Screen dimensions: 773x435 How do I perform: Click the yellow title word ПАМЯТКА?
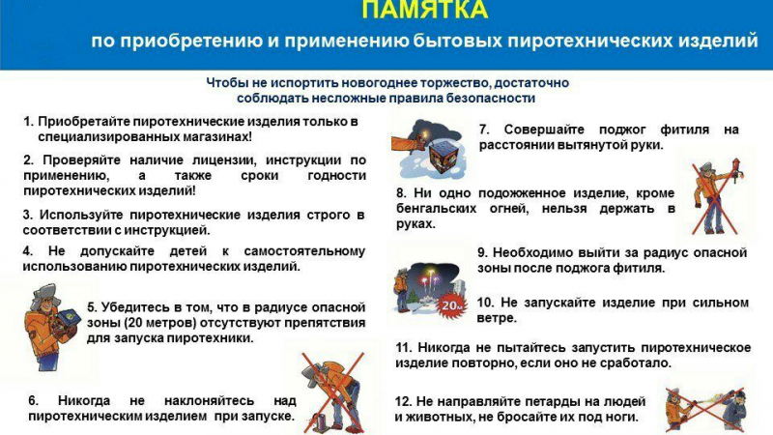[x=425, y=9]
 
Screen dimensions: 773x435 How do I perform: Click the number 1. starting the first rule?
[x=29, y=122]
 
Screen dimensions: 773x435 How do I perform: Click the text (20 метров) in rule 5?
[x=159, y=323]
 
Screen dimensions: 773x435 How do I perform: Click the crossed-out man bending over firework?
[x=332, y=392]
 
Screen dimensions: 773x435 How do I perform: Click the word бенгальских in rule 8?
[x=437, y=209]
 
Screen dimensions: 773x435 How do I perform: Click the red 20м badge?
[x=451, y=305]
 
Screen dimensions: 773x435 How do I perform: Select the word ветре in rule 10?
[x=495, y=318]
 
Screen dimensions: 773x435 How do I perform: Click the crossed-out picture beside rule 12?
[x=705, y=409]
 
